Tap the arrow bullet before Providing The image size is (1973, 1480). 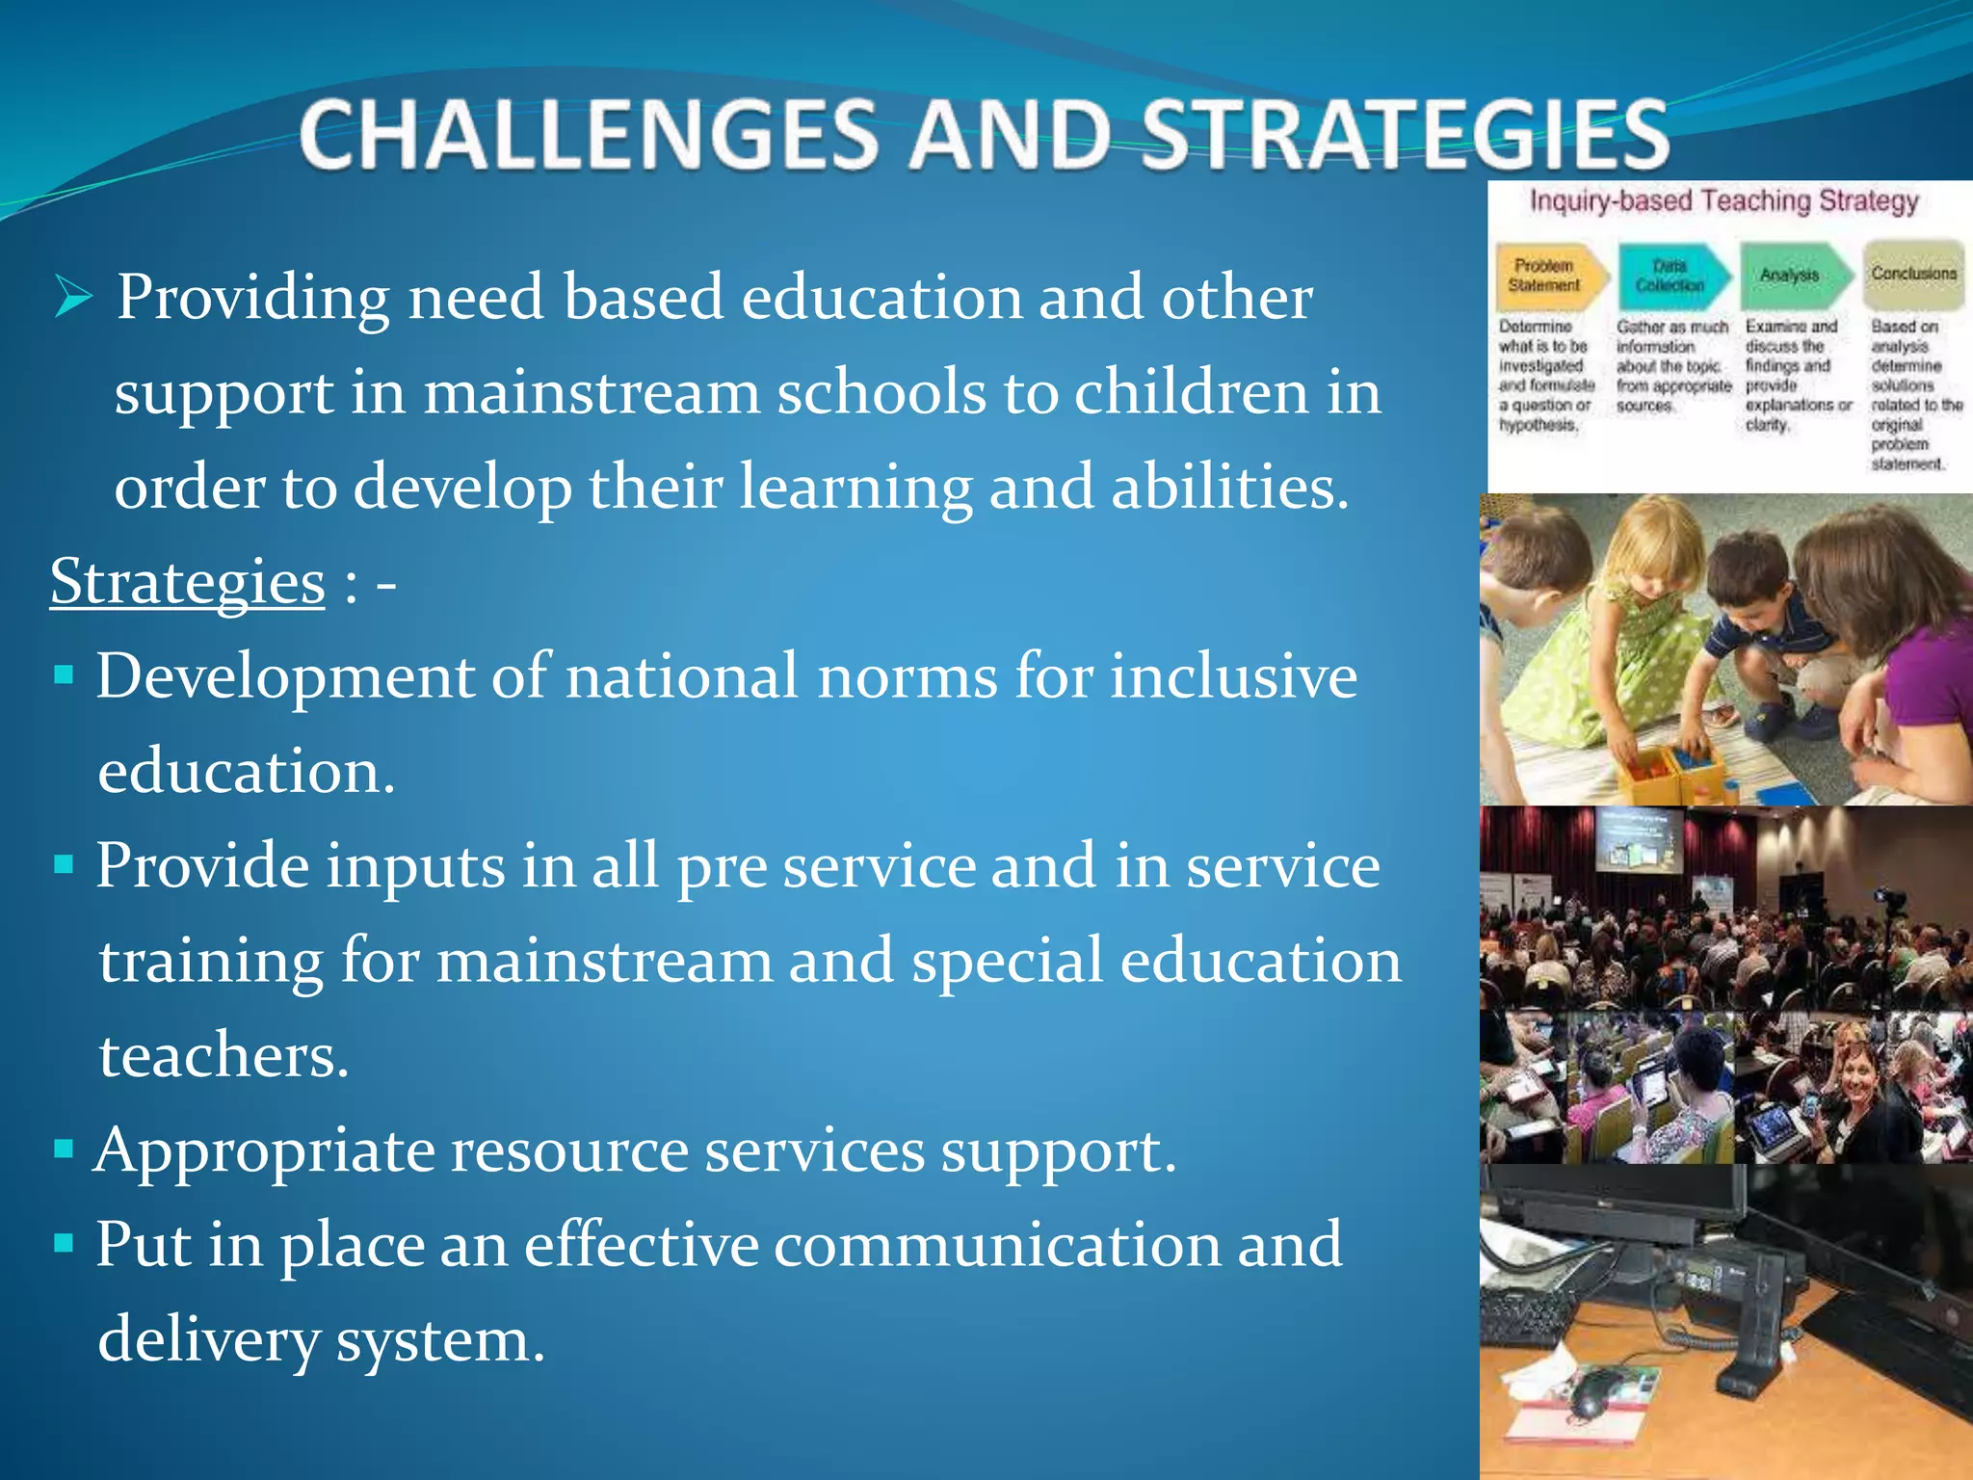(x=73, y=297)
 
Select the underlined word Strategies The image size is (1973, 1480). (x=188, y=582)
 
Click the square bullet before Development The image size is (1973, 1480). (x=65, y=674)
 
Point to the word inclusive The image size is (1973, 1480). (x=1233, y=675)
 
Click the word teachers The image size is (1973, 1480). (x=223, y=1055)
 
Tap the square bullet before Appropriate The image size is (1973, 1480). (x=65, y=1149)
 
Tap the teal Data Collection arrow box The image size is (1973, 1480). (x=1672, y=276)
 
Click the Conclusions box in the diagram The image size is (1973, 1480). (x=1913, y=275)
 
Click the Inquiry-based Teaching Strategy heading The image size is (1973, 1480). (x=1723, y=201)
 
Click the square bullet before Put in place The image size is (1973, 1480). (x=65, y=1243)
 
